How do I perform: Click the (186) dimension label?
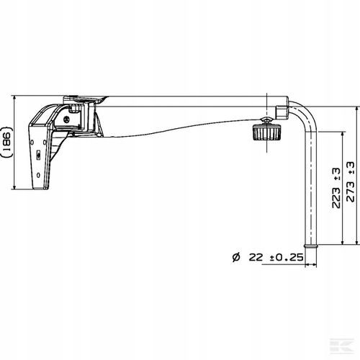(7, 142)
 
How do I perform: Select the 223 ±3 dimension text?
(336, 188)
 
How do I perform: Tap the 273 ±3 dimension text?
(351, 181)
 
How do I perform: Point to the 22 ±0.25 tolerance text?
(276, 257)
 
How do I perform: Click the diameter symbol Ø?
(236, 257)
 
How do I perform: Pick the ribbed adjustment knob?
(266, 132)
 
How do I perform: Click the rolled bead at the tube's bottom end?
(311, 246)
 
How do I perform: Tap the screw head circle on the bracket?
(66, 119)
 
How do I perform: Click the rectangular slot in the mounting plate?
(38, 155)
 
